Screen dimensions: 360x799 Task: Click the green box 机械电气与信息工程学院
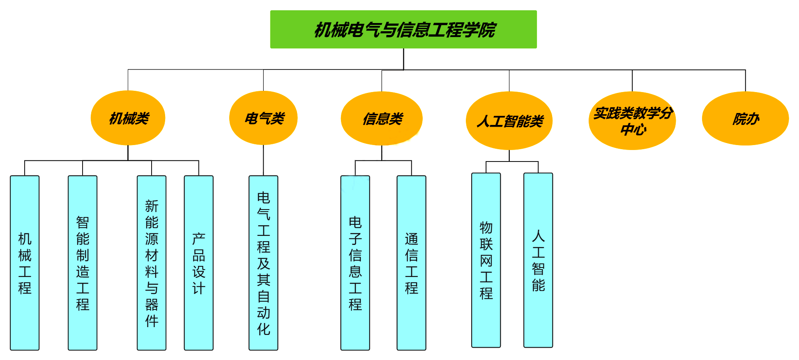403,30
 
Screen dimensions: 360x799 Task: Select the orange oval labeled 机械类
128,118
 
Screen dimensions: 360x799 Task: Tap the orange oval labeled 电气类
263,118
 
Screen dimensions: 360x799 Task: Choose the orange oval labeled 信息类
382,118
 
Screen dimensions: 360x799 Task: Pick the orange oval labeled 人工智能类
509,121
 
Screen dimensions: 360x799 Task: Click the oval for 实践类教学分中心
632,121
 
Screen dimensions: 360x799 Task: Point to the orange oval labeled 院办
745,118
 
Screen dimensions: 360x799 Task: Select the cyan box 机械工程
25,263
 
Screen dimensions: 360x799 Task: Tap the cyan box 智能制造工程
83,263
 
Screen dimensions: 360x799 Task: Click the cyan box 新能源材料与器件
152,263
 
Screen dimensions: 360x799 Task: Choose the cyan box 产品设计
199,263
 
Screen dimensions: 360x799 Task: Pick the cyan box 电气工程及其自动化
263,263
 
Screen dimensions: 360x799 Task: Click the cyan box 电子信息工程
355,263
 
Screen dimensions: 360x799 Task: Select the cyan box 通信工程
411,263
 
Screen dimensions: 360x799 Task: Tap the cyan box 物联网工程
486,260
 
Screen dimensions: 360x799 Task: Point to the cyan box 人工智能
538,260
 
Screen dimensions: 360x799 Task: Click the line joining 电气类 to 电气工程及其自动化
263,160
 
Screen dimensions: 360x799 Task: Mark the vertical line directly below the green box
403,59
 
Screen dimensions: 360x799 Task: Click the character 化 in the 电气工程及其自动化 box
263,329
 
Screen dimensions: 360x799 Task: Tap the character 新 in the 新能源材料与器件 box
152,206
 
